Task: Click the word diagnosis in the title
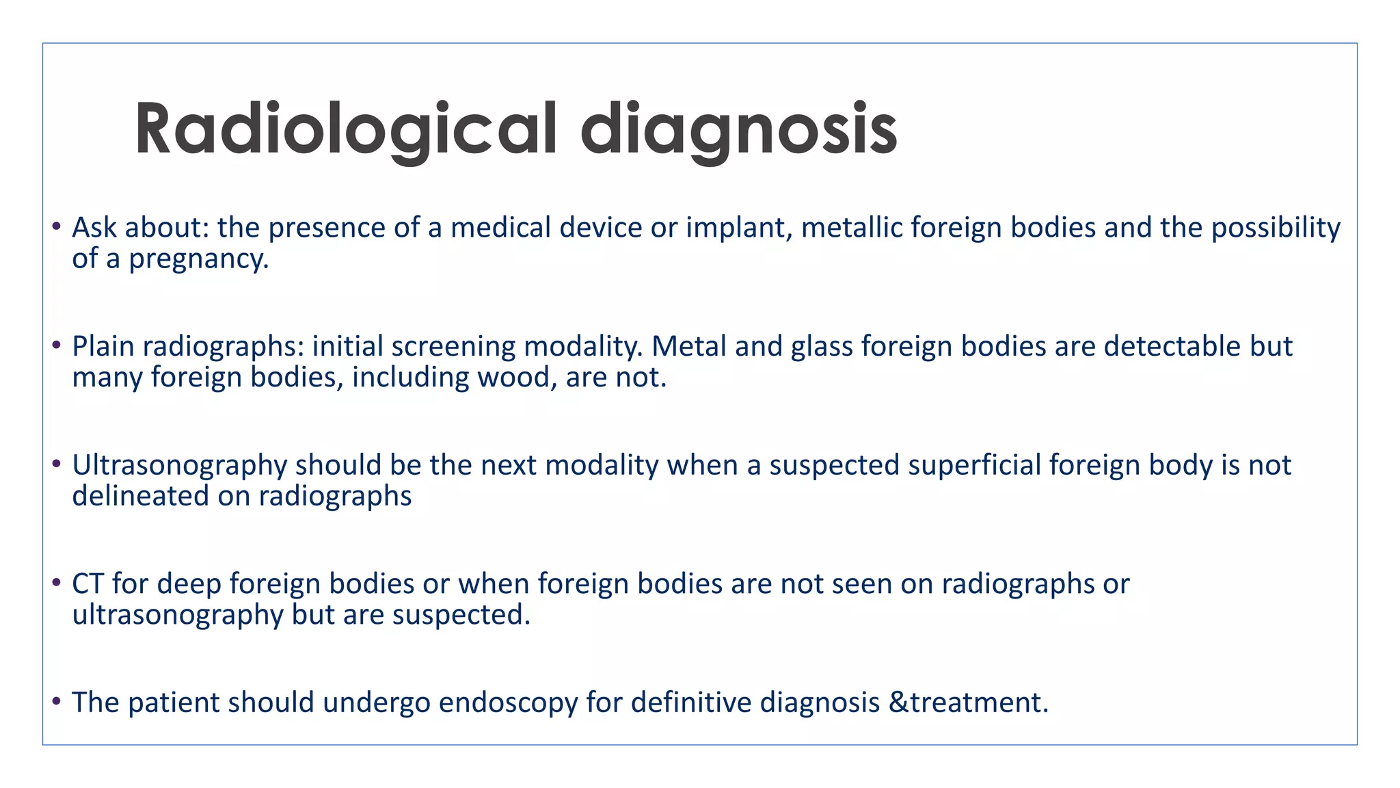tap(738, 130)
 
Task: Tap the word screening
tap(454, 347)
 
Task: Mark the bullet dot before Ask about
tap(57, 226)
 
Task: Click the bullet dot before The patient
tap(57, 701)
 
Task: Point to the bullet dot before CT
tap(57, 582)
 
